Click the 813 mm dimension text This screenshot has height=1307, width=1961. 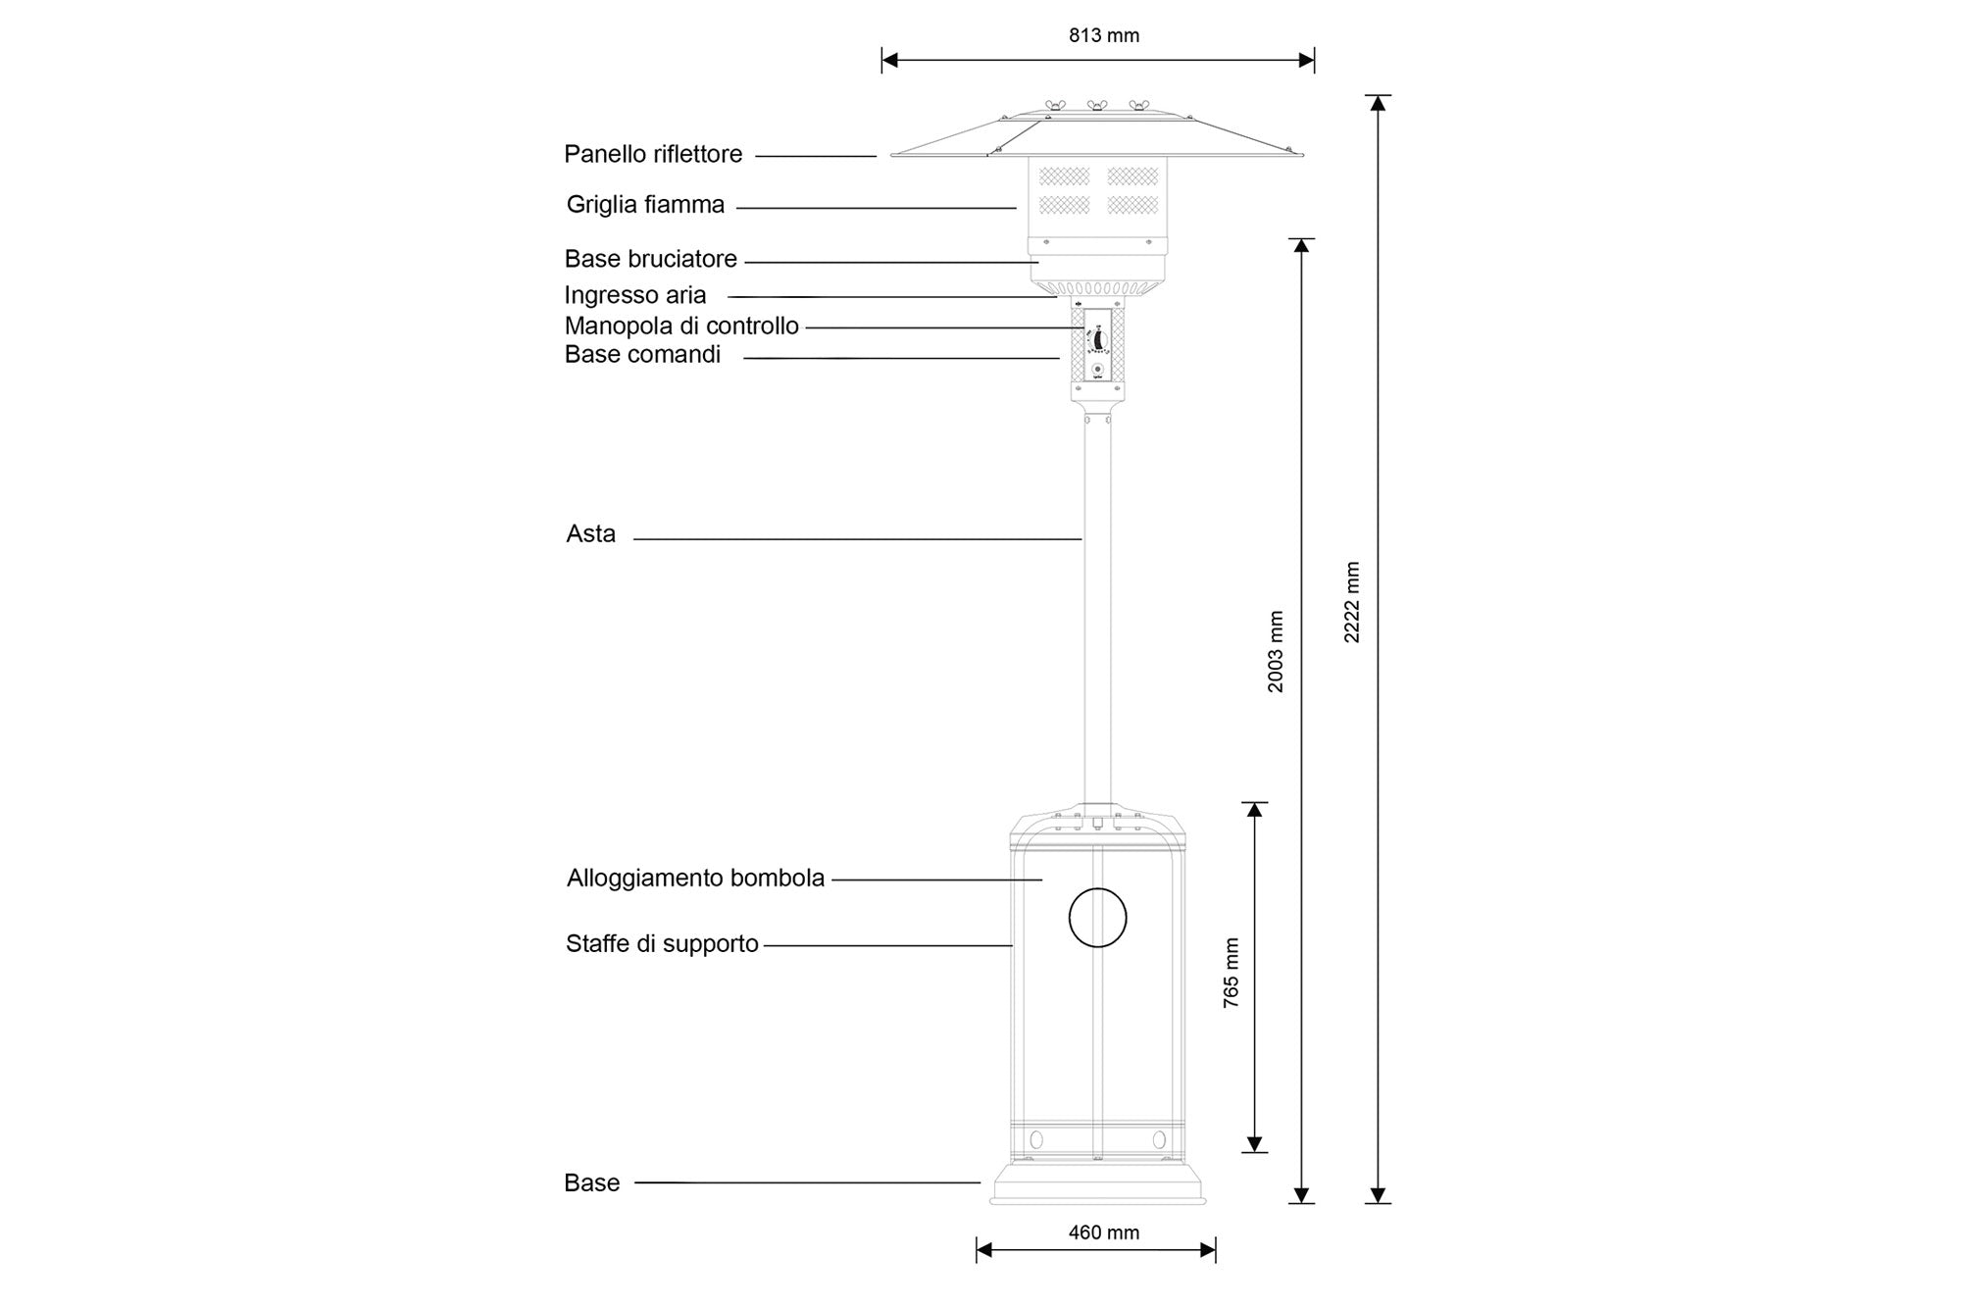[x=1104, y=36]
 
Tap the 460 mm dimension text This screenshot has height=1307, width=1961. [x=1104, y=1232]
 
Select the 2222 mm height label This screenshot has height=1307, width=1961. [x=1352, y=602]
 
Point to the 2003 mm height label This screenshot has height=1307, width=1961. [x=1276, y=652]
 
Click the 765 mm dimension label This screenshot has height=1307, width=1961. [x=1232, y=973]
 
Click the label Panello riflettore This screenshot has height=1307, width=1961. [x=653, y=154]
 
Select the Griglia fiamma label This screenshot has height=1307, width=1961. [x=645, y=205]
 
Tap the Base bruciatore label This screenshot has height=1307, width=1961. [x=650, y=259]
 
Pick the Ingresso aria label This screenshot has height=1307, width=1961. [x=634, y=295]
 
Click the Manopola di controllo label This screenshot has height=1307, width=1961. [x=681, y=327]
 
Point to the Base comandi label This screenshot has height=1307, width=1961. [x=642, y=355]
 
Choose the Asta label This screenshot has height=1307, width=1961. [x=590, y=534]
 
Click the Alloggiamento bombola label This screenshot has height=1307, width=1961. [x=695, y=879]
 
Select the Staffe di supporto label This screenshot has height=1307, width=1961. [x=662, y=944]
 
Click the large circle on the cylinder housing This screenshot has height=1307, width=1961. [x=1097, y=918]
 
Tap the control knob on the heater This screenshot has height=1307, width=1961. [x=1098, y=339]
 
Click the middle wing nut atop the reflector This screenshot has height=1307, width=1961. [x=1096, y=105]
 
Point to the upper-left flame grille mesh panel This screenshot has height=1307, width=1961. [x=1064, y=176]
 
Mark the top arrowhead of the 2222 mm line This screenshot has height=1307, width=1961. [x=1378, y=102]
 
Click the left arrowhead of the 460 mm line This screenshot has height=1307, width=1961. [x=983, y=1249]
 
